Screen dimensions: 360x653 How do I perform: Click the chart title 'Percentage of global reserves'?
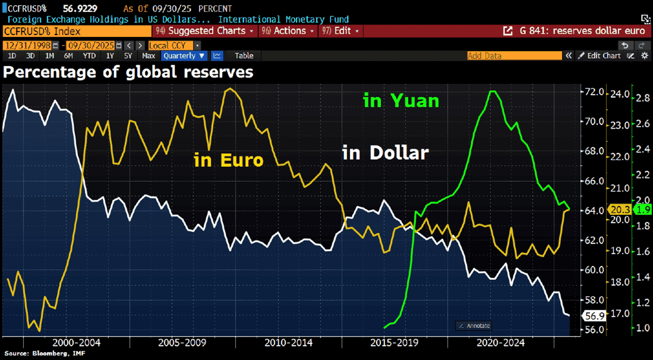[128, 72]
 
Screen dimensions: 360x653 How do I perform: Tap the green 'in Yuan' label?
[401, 101]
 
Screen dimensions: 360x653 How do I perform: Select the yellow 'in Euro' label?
[228, 160]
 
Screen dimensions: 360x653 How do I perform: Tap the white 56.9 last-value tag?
[591, 315]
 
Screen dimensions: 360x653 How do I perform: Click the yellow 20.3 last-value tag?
[618, 210]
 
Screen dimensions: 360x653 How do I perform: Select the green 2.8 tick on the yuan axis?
[642, 98]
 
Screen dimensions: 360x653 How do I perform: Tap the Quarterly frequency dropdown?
[184, 56]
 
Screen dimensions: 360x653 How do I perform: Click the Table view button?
[244, 56]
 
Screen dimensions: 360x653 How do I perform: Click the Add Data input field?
[514, 56]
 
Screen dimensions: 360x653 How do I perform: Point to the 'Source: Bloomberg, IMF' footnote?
[39, 353]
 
